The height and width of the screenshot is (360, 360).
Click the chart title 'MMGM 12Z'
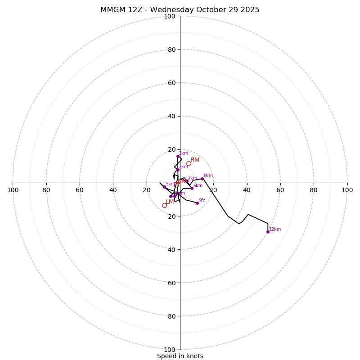(x=180, y=10)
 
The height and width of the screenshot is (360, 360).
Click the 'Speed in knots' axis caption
(x=180, y=356)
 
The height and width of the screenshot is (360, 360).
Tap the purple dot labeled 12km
(x=268, y=232)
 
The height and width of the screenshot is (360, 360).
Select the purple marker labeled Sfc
(x=197, y=203)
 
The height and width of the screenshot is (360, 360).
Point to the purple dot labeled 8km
(x=202, y=179)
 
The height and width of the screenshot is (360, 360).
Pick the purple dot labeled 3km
(x=178, y=156)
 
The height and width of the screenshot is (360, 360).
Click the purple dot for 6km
(x=192, y=188)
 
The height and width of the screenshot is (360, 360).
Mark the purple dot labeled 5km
(x=164, y=187)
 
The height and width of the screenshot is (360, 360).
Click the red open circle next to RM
(x=189, y=163)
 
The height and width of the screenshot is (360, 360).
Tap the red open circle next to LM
(x=164, y=205)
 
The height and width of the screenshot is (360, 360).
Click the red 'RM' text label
(x=195, y=160)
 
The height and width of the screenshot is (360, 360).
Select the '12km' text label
(x=275, y=229)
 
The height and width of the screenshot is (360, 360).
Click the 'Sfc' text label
(x=202, y=201)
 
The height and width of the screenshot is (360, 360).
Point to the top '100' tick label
(x=170, y=16)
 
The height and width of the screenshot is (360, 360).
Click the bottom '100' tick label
(x=170, y=350)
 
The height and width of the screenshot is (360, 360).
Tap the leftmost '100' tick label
(x=13, y=190)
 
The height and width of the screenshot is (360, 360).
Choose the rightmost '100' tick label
(x=347, y=190)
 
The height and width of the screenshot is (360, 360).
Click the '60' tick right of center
(x=280, y=190)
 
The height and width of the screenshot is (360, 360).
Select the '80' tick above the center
(x=171, y=49)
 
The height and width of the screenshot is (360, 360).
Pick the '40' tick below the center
(x=171, y=249)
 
